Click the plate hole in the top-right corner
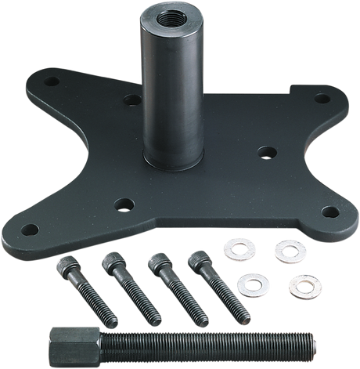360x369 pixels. tap(320, 99)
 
